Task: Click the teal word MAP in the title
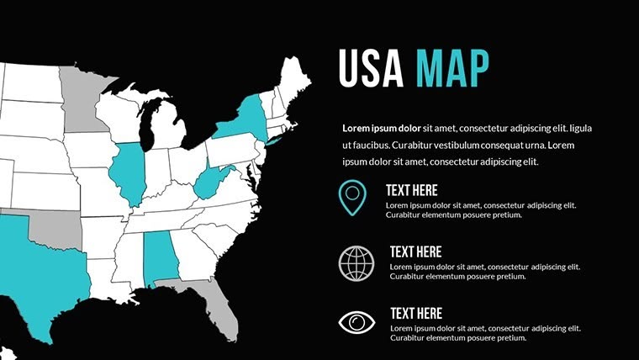pyautogui.click(x=452, y=68)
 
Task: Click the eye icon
pyautogui.click(x=355, y=322)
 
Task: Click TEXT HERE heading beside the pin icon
pyautogui.click(x=411, y=190)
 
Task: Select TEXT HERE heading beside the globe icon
pyautogui.click(x=415, y=251)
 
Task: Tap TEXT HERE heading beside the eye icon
pyautogui.click(x=415, y=314)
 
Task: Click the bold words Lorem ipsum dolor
pyautogui.click(x=382, y=129)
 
